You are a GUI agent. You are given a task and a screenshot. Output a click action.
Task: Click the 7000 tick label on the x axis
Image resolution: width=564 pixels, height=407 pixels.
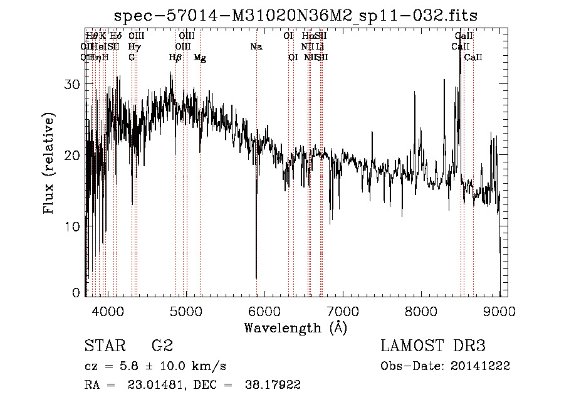[343, 310]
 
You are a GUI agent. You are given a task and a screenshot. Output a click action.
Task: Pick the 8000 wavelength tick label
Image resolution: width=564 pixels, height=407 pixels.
[421, 310]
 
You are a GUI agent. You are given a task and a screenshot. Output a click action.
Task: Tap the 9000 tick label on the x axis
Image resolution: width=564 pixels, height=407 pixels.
[499, 310]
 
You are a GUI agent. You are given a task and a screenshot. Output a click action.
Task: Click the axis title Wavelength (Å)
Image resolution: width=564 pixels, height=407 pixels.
[295, 327]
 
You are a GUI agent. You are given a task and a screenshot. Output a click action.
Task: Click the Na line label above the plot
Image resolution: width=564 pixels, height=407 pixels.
[256, 47]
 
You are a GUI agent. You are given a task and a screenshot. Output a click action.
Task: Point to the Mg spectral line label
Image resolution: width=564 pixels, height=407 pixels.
[200, 58]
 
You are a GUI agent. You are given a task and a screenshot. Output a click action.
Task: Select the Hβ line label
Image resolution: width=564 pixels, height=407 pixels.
[175, 58]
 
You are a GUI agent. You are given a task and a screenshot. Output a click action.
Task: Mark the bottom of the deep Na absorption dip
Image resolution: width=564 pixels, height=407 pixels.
[256, 277]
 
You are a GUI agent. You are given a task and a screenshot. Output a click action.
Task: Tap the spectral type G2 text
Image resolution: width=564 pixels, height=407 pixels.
[162, 346]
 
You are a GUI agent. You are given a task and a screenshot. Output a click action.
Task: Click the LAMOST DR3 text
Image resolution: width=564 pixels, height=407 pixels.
[433, 346]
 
